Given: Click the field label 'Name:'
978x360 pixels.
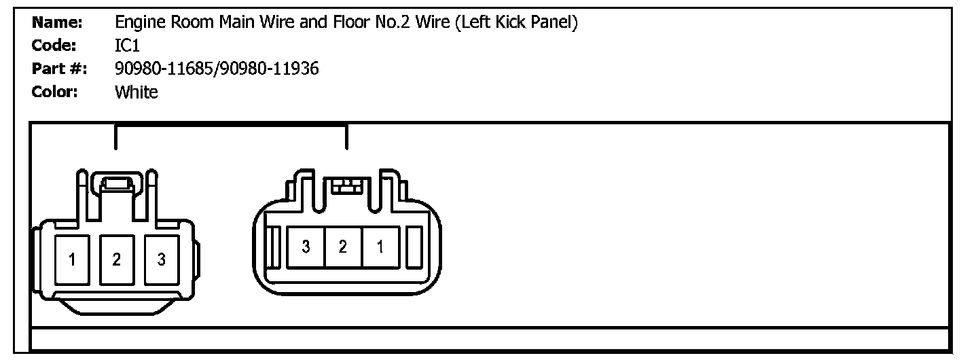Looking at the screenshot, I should tap(57, 23).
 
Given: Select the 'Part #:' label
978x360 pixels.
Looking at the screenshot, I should tap(59, 69).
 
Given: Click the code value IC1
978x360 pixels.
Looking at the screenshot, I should tap(128, 46).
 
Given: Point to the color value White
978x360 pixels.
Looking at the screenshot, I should tap(137, 92).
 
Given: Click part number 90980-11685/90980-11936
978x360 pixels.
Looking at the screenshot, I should tap(217, 69).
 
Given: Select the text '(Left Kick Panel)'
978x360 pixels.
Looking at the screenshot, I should tap(516, 23).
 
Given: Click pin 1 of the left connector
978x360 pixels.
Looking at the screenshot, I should tap(72, 259).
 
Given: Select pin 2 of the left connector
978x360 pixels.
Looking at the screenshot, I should tap(117, 259).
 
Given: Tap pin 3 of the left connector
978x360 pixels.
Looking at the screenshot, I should tap(162, 259).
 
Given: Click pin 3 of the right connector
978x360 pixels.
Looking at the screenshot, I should tap(306, 247).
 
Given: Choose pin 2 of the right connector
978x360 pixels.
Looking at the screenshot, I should tap(343, 247).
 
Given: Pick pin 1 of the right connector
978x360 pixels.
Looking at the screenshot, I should tap(380, 247).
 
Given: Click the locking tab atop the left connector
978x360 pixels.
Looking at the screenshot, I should tap(116, 183).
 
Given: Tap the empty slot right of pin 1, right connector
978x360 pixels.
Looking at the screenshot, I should tap(414, 246).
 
